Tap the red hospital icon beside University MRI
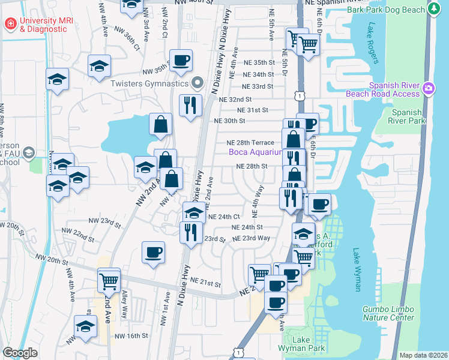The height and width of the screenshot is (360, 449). point(10,24)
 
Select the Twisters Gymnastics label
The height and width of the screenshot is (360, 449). point(150,83)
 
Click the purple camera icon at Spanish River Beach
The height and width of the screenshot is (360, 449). point(428,88)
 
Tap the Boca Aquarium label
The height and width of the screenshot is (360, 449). point(255,152)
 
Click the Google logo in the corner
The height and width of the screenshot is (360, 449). point(20,353)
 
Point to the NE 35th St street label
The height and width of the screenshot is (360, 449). point(259,62)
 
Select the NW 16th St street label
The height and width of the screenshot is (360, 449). point(131,336)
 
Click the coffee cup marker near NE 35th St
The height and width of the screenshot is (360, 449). point(181,60)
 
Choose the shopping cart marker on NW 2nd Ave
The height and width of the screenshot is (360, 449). point(109,279)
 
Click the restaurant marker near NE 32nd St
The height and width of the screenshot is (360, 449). point(191,106)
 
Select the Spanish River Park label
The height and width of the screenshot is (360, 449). point(407,116)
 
